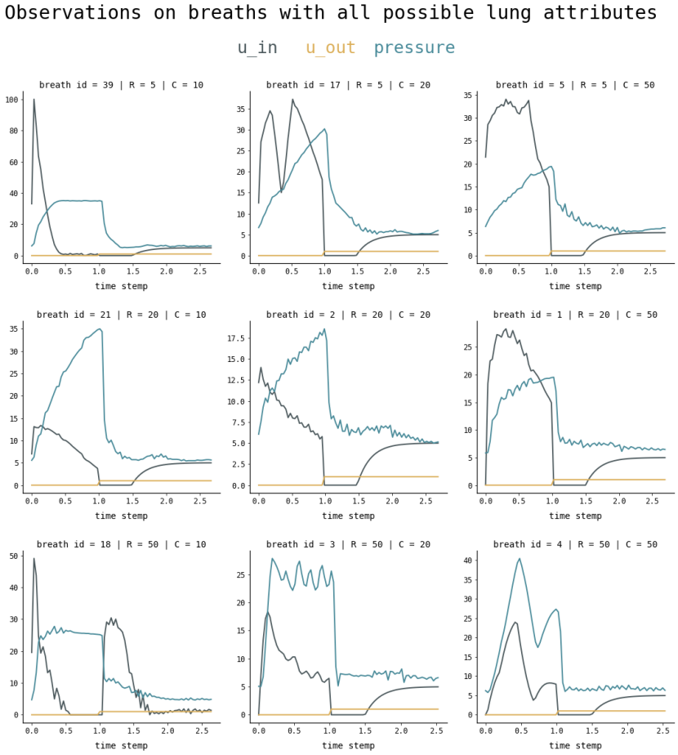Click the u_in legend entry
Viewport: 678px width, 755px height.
coord(257,48)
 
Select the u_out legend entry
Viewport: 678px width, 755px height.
coord(330,48)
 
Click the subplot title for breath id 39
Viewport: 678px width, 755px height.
coord(121,85)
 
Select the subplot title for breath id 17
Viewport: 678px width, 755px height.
coord(348,85)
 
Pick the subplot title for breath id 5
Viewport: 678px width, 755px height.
coord(575,85)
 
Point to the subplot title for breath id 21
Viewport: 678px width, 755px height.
coord(121,315)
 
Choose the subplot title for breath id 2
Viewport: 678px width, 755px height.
coord(348,315)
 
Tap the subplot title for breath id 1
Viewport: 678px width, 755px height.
coord(575,315)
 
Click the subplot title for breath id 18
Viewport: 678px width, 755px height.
coord(121,544)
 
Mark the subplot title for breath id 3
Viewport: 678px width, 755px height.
coord(348,544)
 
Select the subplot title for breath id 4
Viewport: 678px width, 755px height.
coord(575,544)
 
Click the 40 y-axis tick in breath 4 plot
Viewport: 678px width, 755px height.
coord(469,561)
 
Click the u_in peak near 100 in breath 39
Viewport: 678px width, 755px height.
coord(33,100)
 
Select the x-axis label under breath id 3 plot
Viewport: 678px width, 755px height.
coord(348,745)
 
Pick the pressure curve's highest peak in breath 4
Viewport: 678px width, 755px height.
coord(520,559)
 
